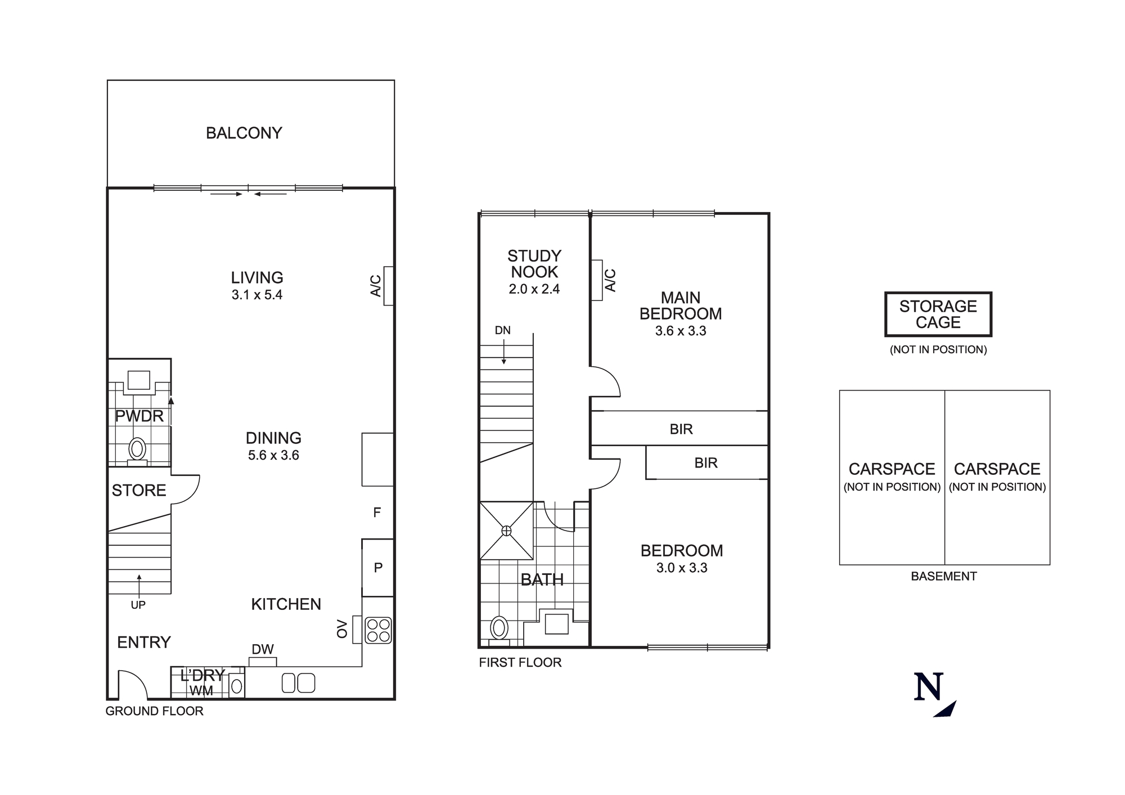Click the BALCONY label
coord(244,133)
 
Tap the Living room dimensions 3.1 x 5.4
coord(257,295)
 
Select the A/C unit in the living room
coord(388,286)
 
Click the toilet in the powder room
coord(137,450)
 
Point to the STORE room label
coord(139,491)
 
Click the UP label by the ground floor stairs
coord(138,605)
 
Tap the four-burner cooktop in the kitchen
coord(378,630)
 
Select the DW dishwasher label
coord(263,649)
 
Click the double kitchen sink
coord(298,683)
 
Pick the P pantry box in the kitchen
coord(378,568)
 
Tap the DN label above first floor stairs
coord(502,330)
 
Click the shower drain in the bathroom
coord(506,531)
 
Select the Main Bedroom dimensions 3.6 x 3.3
coord(681,331)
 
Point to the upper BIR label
coord(681,429)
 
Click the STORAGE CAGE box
coord(938,315)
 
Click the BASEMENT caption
coord(943,576)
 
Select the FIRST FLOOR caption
coord(520,663)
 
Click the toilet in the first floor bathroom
coord(499,628)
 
